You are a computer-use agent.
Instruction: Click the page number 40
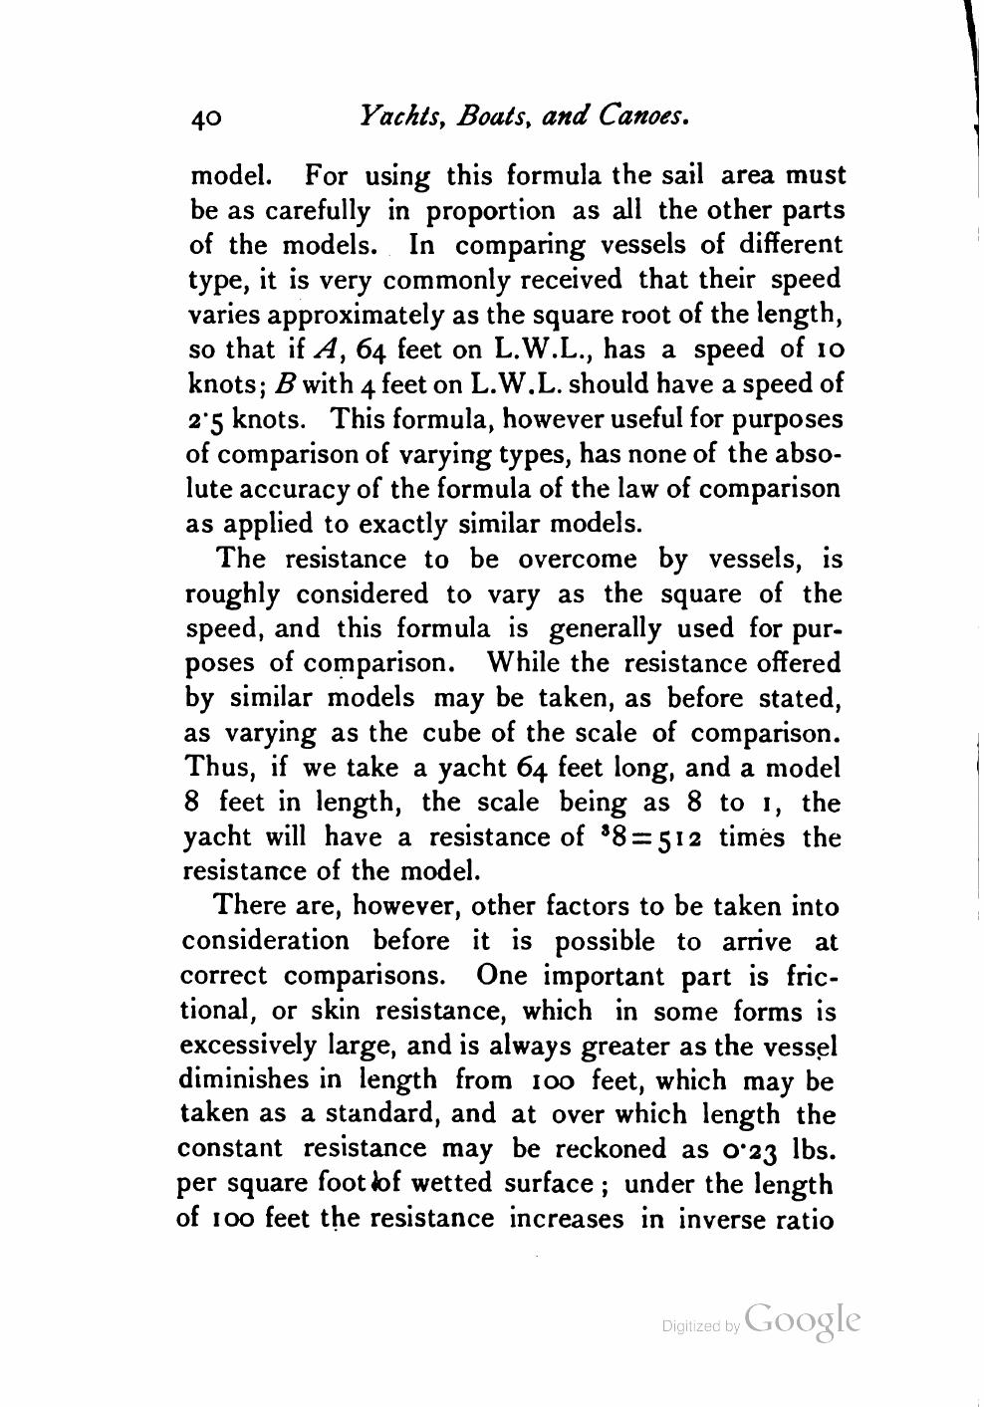point(206,118)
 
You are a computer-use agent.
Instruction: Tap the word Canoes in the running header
point(643,117)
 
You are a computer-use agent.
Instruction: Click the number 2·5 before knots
point(209,418)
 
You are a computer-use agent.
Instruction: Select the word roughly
point(232,594)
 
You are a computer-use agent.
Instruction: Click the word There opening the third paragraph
point(248,906)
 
